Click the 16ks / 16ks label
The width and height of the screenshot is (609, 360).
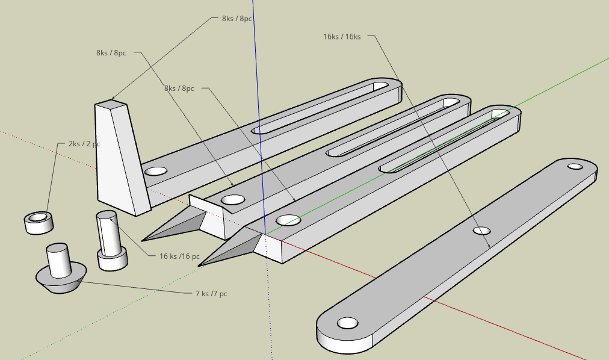tap(341, 37)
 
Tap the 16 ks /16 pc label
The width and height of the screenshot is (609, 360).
tap(179, 256)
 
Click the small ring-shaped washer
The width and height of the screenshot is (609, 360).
tap(39, 222)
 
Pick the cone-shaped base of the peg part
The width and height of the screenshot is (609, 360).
tap(59, 281)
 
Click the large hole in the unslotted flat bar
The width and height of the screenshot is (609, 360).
tap(347, 323)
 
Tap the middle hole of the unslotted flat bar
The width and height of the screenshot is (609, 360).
tap(481, 231)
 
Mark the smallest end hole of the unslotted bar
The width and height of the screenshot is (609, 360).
tap(575, 166)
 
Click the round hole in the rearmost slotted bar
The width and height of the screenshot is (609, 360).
tap(155, 171)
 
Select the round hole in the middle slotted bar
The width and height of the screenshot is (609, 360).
tap(233, 199)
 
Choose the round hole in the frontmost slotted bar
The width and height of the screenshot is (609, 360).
tap(288, 220)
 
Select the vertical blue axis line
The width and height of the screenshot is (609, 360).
tap(255, 90)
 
